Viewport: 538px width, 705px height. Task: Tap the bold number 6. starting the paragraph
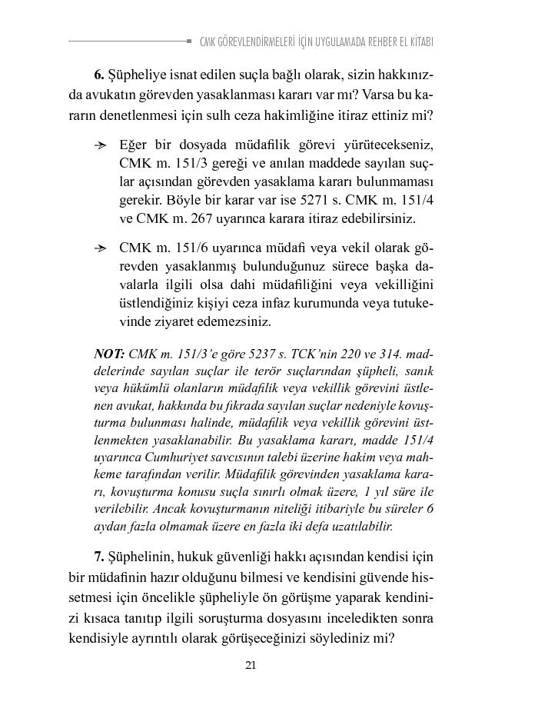[99, 75]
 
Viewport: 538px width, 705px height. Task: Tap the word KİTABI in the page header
[419, 42]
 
